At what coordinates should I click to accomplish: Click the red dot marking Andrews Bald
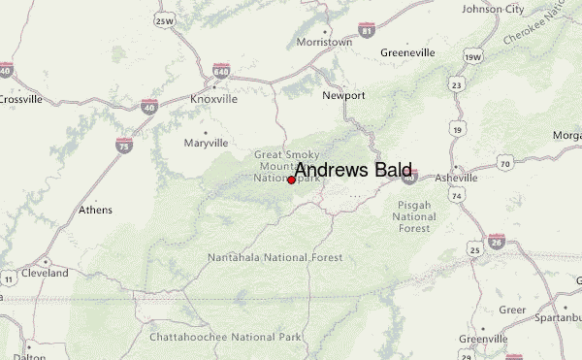point(291,180)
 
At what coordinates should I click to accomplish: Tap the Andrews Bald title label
point(353,170)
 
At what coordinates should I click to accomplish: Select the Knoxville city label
point(213,99)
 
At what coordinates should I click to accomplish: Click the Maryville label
point(206,143)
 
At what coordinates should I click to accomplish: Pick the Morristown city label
point(323,43)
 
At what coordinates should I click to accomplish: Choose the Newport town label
point(344,95)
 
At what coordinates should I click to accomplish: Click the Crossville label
point(20,99)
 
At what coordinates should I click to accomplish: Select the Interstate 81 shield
point(365,32)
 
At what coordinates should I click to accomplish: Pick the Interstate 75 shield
point(123,145)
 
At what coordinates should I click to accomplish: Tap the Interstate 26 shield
point(496,240)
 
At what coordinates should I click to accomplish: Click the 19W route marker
point(472,56)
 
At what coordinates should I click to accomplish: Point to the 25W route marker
point(165,20)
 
